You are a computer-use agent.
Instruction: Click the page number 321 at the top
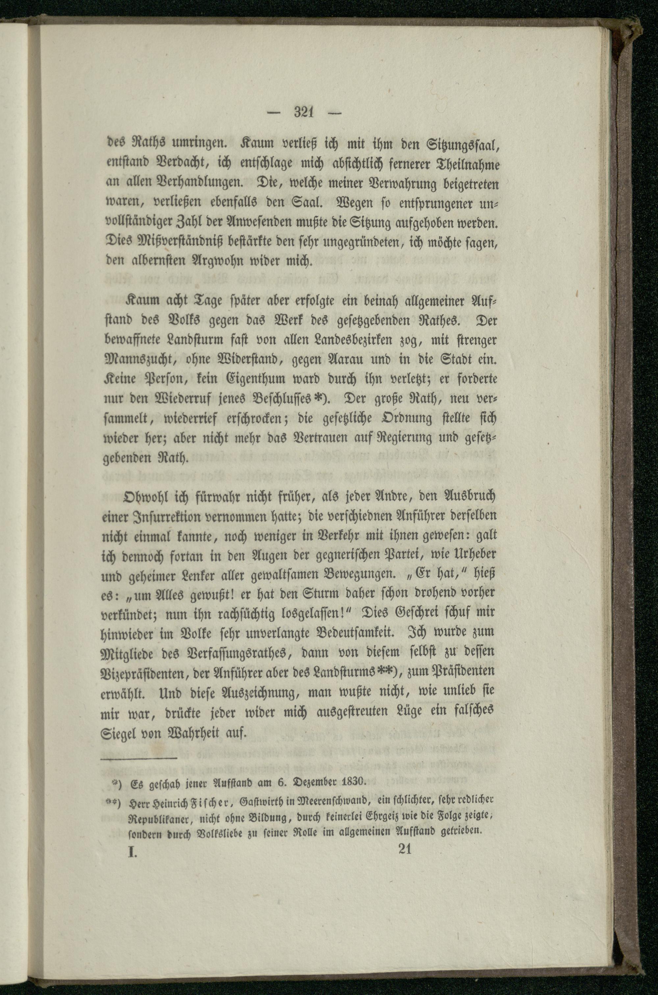(305, 112)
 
